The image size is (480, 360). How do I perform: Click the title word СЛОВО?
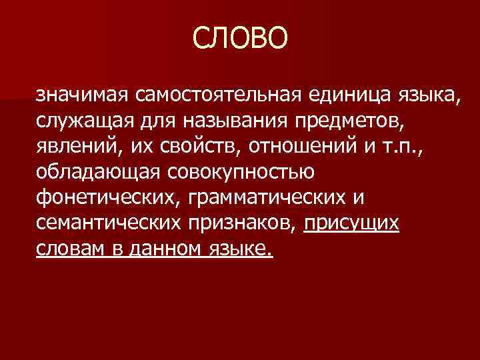(241, 39)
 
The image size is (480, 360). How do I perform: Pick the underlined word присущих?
(352, 224)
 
